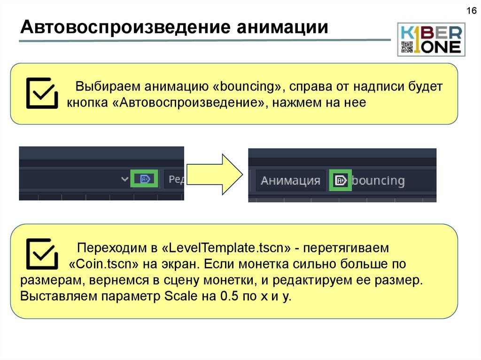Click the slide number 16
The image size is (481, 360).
click(x=471, y=11)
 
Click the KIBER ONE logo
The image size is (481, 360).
click(x=431, y=39)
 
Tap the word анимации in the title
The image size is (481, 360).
click(x=282, y=27)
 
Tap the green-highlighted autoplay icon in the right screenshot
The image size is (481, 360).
click(x=341, y=180)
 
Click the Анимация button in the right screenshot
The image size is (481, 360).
click(x=290, y=181)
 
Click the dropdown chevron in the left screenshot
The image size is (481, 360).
click(x=124, y=179)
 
